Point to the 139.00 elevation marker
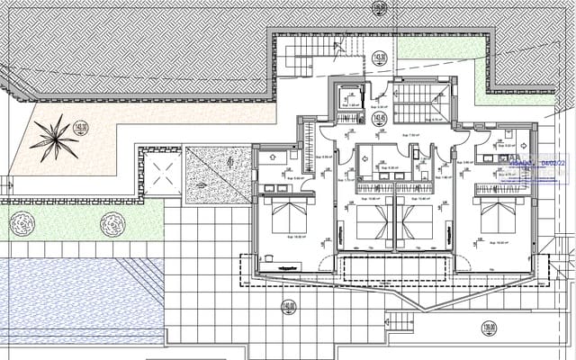tap(490, 328)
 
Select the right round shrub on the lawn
tap(112, 221)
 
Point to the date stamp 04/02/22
tap(540, 164)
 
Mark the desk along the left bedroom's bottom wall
tap(288, 267)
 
